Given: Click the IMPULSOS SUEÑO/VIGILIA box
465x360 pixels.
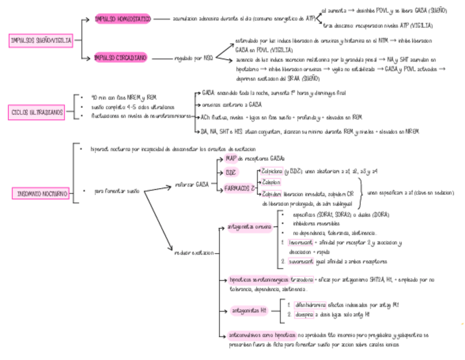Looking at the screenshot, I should (41, 40).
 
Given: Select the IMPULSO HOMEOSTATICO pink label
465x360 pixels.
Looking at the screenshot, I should (122, 19).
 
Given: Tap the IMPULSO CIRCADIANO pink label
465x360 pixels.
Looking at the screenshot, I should (121, 57).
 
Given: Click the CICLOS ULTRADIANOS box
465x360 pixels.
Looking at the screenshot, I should (37, 113).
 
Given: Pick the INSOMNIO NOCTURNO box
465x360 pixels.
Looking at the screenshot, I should (41, 193).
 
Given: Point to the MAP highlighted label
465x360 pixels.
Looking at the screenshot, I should (230, 159).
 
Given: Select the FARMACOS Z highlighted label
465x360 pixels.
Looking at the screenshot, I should (239, 188).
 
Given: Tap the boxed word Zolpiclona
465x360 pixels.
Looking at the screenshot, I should (272, 171).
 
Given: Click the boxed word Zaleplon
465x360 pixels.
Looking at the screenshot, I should (271, 182).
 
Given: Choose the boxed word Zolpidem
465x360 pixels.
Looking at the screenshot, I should (271, 194).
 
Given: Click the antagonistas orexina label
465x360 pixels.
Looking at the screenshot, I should (249, 226).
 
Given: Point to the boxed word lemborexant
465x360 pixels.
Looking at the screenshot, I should (301, 242).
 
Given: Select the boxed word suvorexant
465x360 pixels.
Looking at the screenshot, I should (301, 262).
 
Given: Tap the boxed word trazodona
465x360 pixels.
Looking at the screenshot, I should (302, 279).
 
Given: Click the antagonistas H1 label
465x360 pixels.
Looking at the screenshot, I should (249, 311).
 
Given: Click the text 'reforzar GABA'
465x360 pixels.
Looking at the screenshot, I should (192, 184).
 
